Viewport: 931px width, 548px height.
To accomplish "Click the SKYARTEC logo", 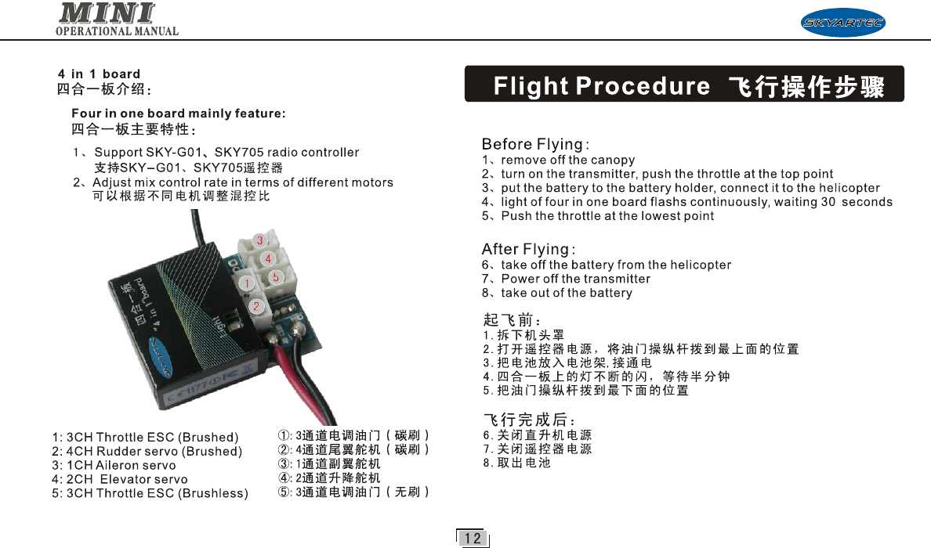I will [842, 23].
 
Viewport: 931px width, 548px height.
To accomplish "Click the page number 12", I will [472, 538].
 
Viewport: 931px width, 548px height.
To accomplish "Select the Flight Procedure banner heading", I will [684, 85].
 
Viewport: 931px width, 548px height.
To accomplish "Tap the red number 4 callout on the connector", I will [268, 258].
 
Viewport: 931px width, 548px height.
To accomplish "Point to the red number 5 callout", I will [275, 277].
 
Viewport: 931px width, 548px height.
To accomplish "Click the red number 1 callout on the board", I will [245, 283].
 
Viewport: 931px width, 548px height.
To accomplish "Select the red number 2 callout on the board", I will [255, 305].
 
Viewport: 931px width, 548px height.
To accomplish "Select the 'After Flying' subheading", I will [528, 250].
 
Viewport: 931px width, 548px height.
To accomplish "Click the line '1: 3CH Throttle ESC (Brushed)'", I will [145, 437].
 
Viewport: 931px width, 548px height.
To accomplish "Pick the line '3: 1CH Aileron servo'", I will [114, 465].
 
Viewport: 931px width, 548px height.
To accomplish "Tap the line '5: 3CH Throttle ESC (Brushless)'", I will [150, 493].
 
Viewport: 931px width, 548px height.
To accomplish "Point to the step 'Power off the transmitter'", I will [575, 279].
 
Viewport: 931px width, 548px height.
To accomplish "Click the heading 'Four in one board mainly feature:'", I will [178, 114].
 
